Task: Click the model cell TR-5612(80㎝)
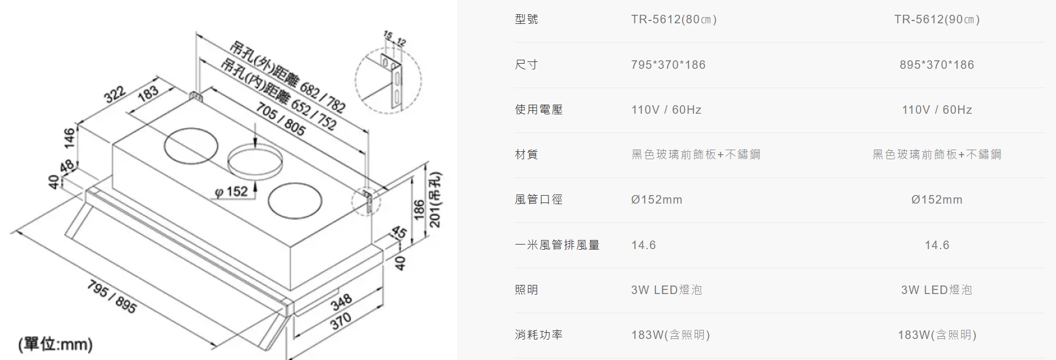pyautogui.click(x=674, y=19)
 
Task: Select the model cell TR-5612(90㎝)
pyautogui.click(x=937, y=19)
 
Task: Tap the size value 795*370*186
pyautogui.click(x=668, y=65)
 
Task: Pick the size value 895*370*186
pyautogui.click(x=937, y=65)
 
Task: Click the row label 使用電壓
pyautogui.click(x=538, y=110)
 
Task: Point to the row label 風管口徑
pyautogui.click(x=538, y=200)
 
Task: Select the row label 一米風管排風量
pyautogui.click(x=557, y=245)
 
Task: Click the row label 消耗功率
pyautogui.click(x=538, y=335)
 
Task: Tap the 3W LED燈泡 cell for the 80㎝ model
pyautogui.click(x=666, y=290)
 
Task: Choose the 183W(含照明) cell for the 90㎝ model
pyautogui.click(x=937, y=335)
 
